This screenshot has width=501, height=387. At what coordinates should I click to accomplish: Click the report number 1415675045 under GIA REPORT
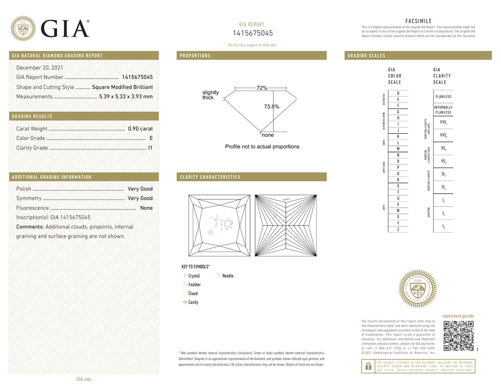click(x=253, y=33)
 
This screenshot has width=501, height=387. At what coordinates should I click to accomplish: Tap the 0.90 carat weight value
click(x=140, y=129)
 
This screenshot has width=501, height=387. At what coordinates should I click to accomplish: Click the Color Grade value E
click(x=151, y=138)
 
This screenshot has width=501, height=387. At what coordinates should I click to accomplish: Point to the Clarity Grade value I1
click(x=150, y=148)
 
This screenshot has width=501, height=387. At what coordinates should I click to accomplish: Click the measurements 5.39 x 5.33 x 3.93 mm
click(x=126, y=96)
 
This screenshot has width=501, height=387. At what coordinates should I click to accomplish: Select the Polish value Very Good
click(x=140, y=189)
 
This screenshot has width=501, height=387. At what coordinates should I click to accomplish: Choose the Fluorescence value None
click(x=146, y=208)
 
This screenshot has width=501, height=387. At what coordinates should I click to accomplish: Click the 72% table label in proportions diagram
click(x=262, y=88)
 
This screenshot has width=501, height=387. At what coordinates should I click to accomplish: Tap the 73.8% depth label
click(x=272, y=106)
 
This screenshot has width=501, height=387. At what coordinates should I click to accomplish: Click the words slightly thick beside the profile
click(x=210, y=95)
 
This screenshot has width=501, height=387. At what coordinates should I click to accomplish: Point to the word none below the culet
click(x=268, y=135)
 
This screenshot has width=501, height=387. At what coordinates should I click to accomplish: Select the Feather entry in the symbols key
click(x=194, y=285)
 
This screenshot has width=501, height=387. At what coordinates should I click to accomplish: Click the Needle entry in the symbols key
click(x=228, y=276)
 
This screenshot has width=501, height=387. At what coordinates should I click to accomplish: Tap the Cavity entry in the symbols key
click(x=193, y=302)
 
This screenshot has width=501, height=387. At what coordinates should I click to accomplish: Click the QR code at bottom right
click(x=458, y=336)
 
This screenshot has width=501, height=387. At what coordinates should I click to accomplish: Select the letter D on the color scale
click(x=398, y=93)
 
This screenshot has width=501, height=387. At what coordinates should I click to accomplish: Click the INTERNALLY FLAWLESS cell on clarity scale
click(x=443, y=110)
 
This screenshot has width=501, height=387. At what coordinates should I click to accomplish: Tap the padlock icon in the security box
click(x=368, y=366)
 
